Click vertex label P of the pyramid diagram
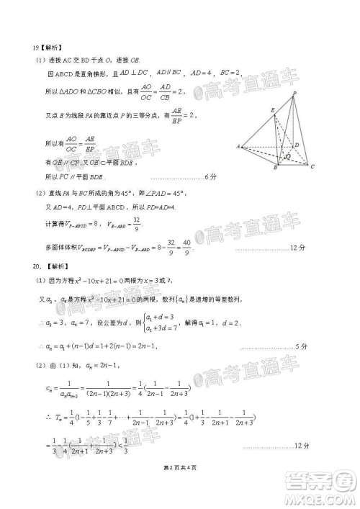294,94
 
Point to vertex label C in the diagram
312,167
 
